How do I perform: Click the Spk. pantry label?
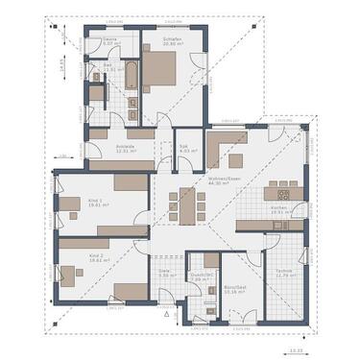[185, 149]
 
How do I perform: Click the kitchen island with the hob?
[287, 187]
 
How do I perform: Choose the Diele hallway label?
[164, 273]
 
